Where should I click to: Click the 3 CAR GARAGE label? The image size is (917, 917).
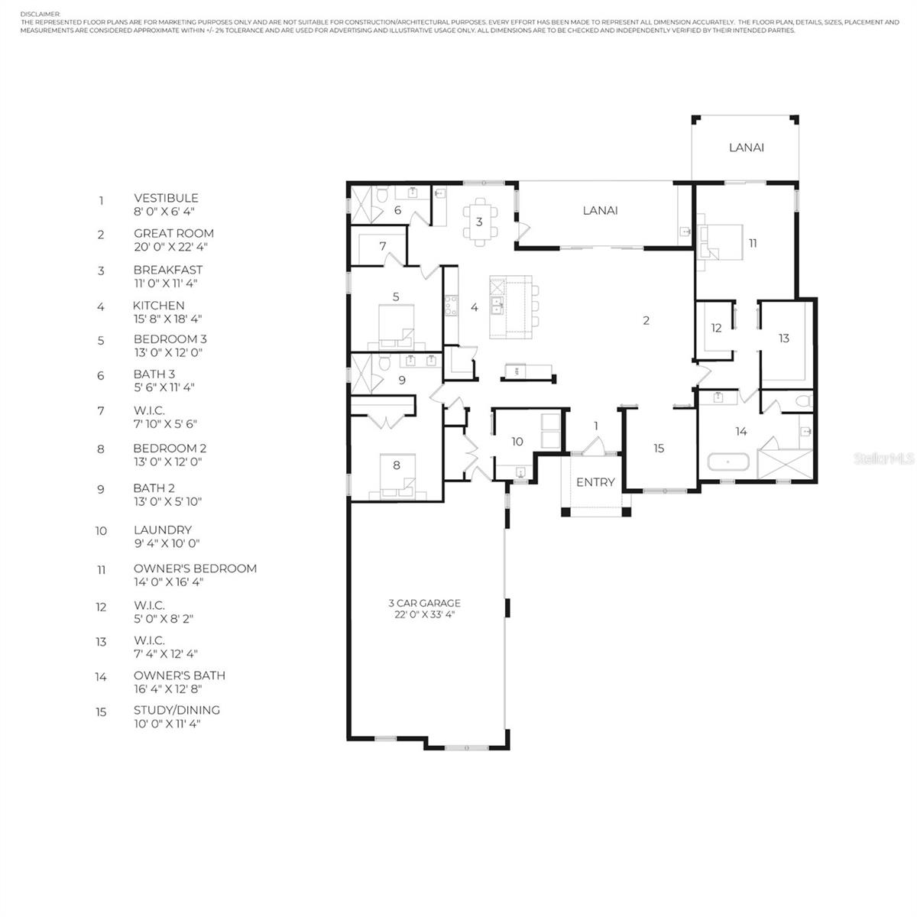tap(424, 603)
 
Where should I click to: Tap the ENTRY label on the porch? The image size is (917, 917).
tap(595, 482)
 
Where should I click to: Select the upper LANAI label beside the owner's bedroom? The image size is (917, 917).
tap(746, 147)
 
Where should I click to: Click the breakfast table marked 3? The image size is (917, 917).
tap(480, 222)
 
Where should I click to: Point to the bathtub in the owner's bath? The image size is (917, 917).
tap(728, 462)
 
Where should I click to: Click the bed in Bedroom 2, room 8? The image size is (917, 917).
tap(397, 477)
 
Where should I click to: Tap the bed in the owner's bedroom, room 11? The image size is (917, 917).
tap(720, 242)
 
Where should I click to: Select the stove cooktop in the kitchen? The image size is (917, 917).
tap(451, 306)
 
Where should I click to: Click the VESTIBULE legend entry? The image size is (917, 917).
tap(166, 198)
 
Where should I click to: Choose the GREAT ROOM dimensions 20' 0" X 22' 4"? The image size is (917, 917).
tap(171, 247)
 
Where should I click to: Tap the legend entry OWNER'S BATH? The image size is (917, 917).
tap(180, 676)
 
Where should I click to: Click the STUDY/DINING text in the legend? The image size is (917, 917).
tap(177, 710)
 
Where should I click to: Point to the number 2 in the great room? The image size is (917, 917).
tap(646, 321)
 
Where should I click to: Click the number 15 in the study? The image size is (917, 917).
tap(659, 449)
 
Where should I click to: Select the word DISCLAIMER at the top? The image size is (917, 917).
tap(41, 15)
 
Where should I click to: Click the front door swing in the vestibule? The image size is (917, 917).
tap(593, 446)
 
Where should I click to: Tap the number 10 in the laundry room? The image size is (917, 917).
tap(517, 442)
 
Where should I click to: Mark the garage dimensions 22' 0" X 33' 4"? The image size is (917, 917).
tap(424, 614)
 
